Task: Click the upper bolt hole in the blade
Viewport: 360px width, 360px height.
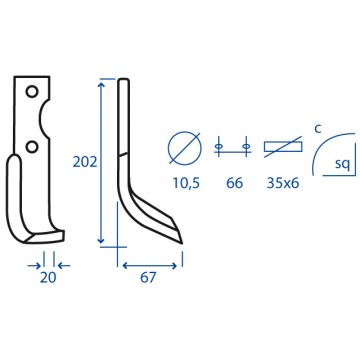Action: pos(32,91)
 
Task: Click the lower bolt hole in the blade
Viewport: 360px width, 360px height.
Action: pos(32,146)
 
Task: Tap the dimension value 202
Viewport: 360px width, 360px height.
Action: pos(85,162)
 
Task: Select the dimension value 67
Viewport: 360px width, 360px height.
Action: pos(148,278)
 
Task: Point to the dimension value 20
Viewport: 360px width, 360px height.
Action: pos(48,278)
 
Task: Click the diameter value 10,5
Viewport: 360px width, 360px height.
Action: pos(186,183)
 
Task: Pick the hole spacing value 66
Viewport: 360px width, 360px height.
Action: pos(234,183)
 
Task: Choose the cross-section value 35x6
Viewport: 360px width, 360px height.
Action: pos(283,183)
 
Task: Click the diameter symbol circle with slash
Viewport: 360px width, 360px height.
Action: pos(185,148)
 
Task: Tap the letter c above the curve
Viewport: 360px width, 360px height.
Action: pos(318,129)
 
